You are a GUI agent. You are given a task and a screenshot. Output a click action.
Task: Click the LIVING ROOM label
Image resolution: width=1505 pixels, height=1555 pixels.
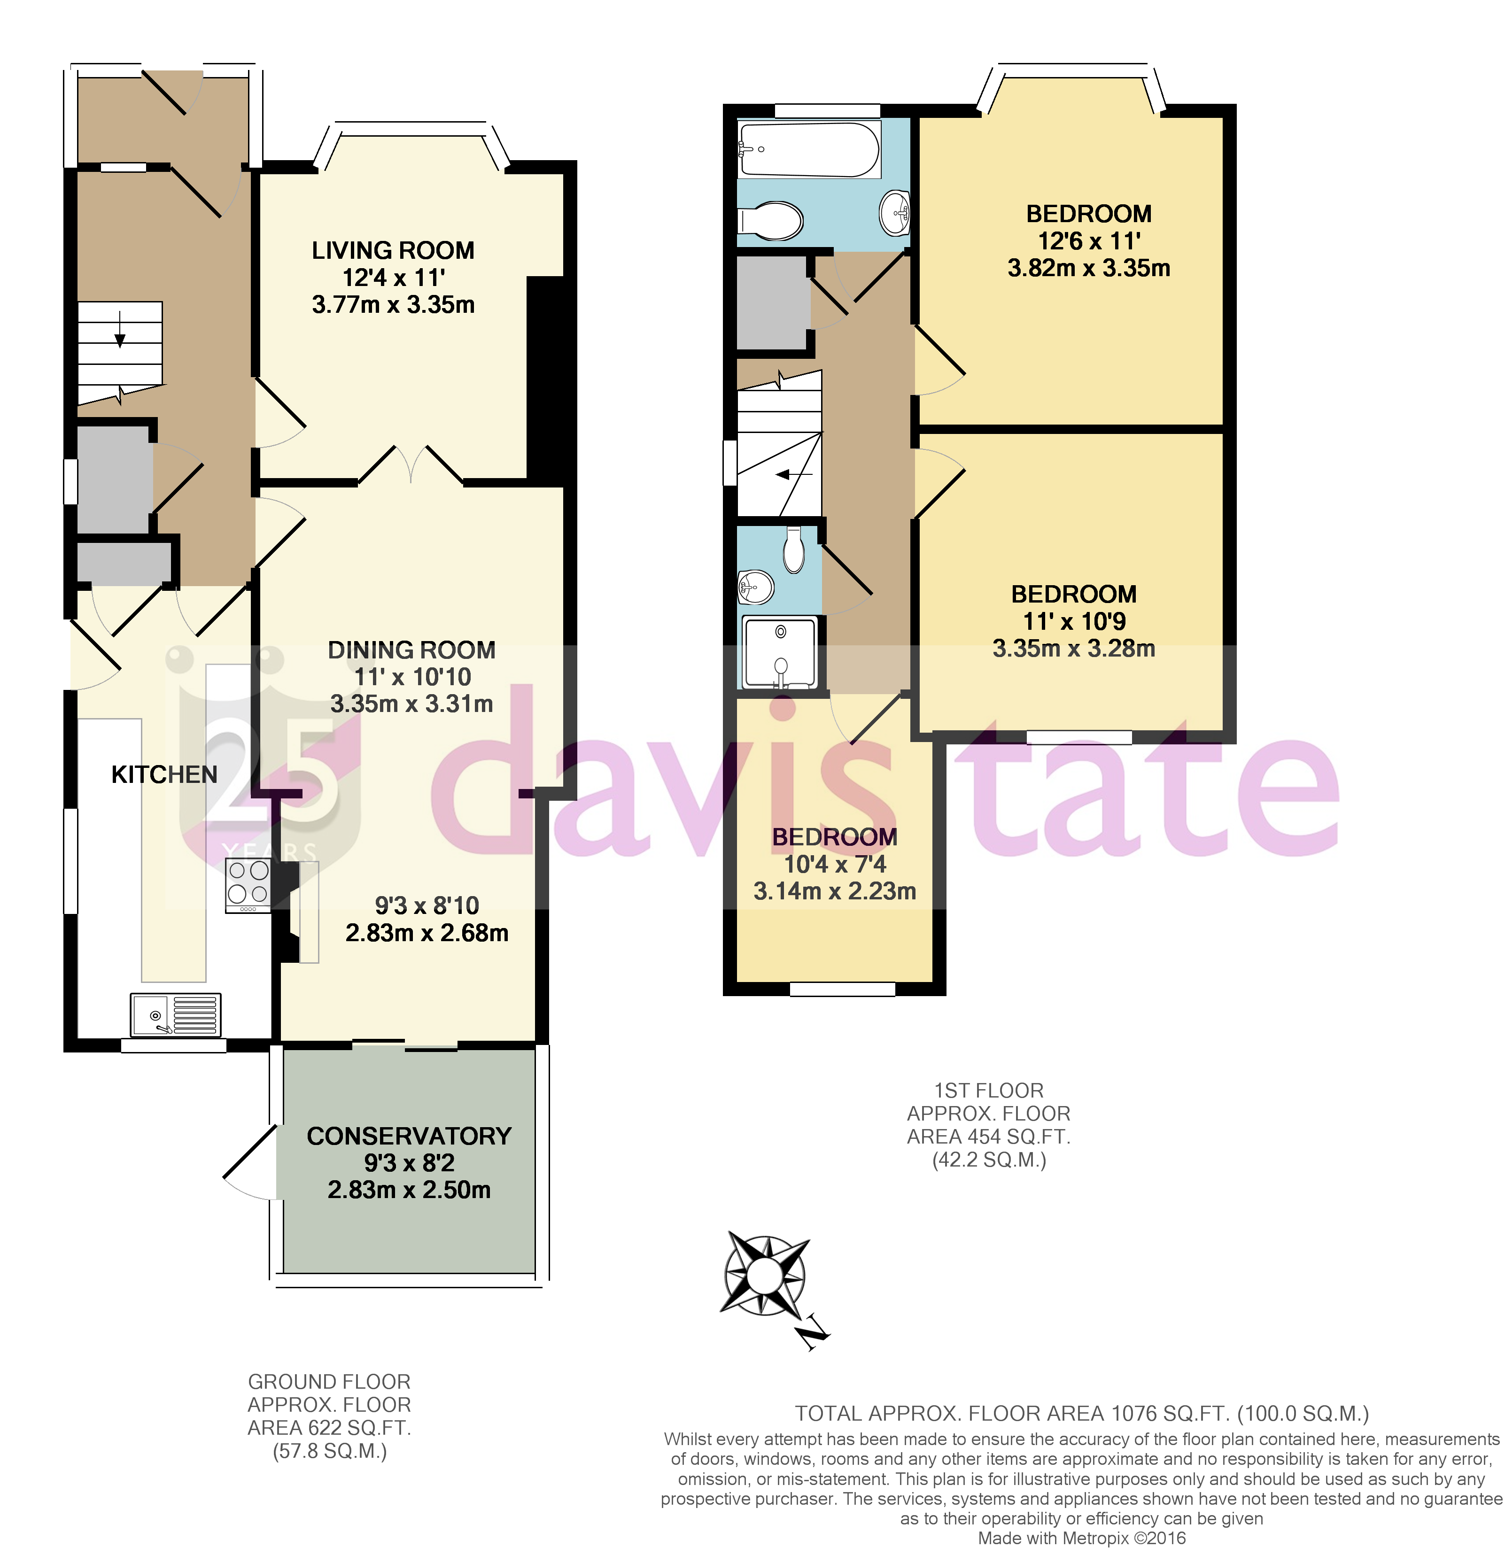click(393, 251)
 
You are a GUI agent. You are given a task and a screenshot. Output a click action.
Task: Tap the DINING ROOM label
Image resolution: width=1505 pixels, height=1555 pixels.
click(412, 650)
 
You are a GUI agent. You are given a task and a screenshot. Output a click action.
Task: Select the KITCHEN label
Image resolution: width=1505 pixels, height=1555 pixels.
click(164, 774)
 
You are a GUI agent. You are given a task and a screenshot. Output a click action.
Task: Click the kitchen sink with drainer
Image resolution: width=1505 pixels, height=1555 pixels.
click(175, 1015)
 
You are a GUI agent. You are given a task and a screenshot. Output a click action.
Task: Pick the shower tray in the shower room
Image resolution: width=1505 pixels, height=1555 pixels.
click(780, 652)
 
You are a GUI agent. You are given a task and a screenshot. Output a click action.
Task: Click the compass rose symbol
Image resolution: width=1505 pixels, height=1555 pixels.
click(766, 1276)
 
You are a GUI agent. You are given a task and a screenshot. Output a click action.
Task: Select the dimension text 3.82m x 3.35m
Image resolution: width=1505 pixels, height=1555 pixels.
click(1088, 268)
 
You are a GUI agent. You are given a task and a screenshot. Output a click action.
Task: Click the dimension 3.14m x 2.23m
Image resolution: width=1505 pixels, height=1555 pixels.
click(835, 891)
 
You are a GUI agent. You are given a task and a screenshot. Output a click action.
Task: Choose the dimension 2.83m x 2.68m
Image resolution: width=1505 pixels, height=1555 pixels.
click(427, 933)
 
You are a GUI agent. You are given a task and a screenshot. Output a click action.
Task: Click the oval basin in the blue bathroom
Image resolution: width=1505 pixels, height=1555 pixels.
click(896, 213)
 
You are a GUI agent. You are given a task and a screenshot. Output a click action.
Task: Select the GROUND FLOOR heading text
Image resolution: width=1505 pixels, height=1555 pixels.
click(329, 1382)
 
